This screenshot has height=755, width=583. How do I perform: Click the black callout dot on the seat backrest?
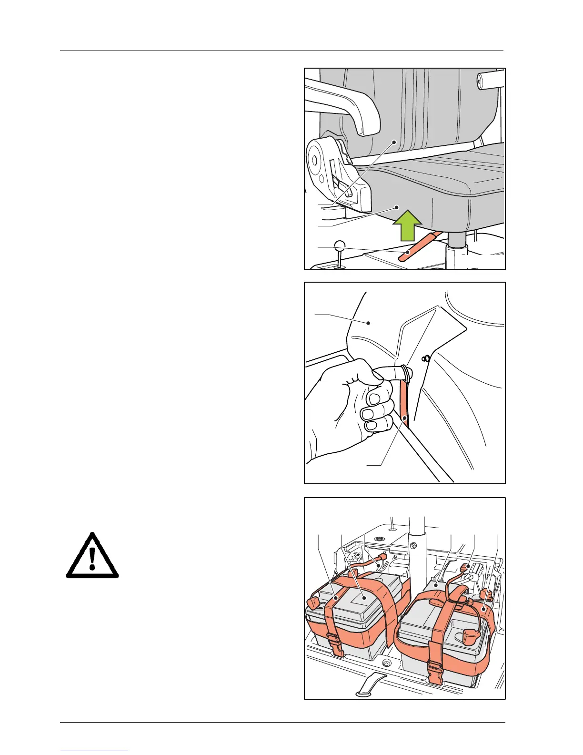pos(394,142)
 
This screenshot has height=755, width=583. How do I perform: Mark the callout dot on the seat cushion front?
pos(396,207)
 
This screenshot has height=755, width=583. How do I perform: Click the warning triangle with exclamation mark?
pos(92,556)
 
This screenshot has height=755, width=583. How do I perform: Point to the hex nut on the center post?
pos(414,545)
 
